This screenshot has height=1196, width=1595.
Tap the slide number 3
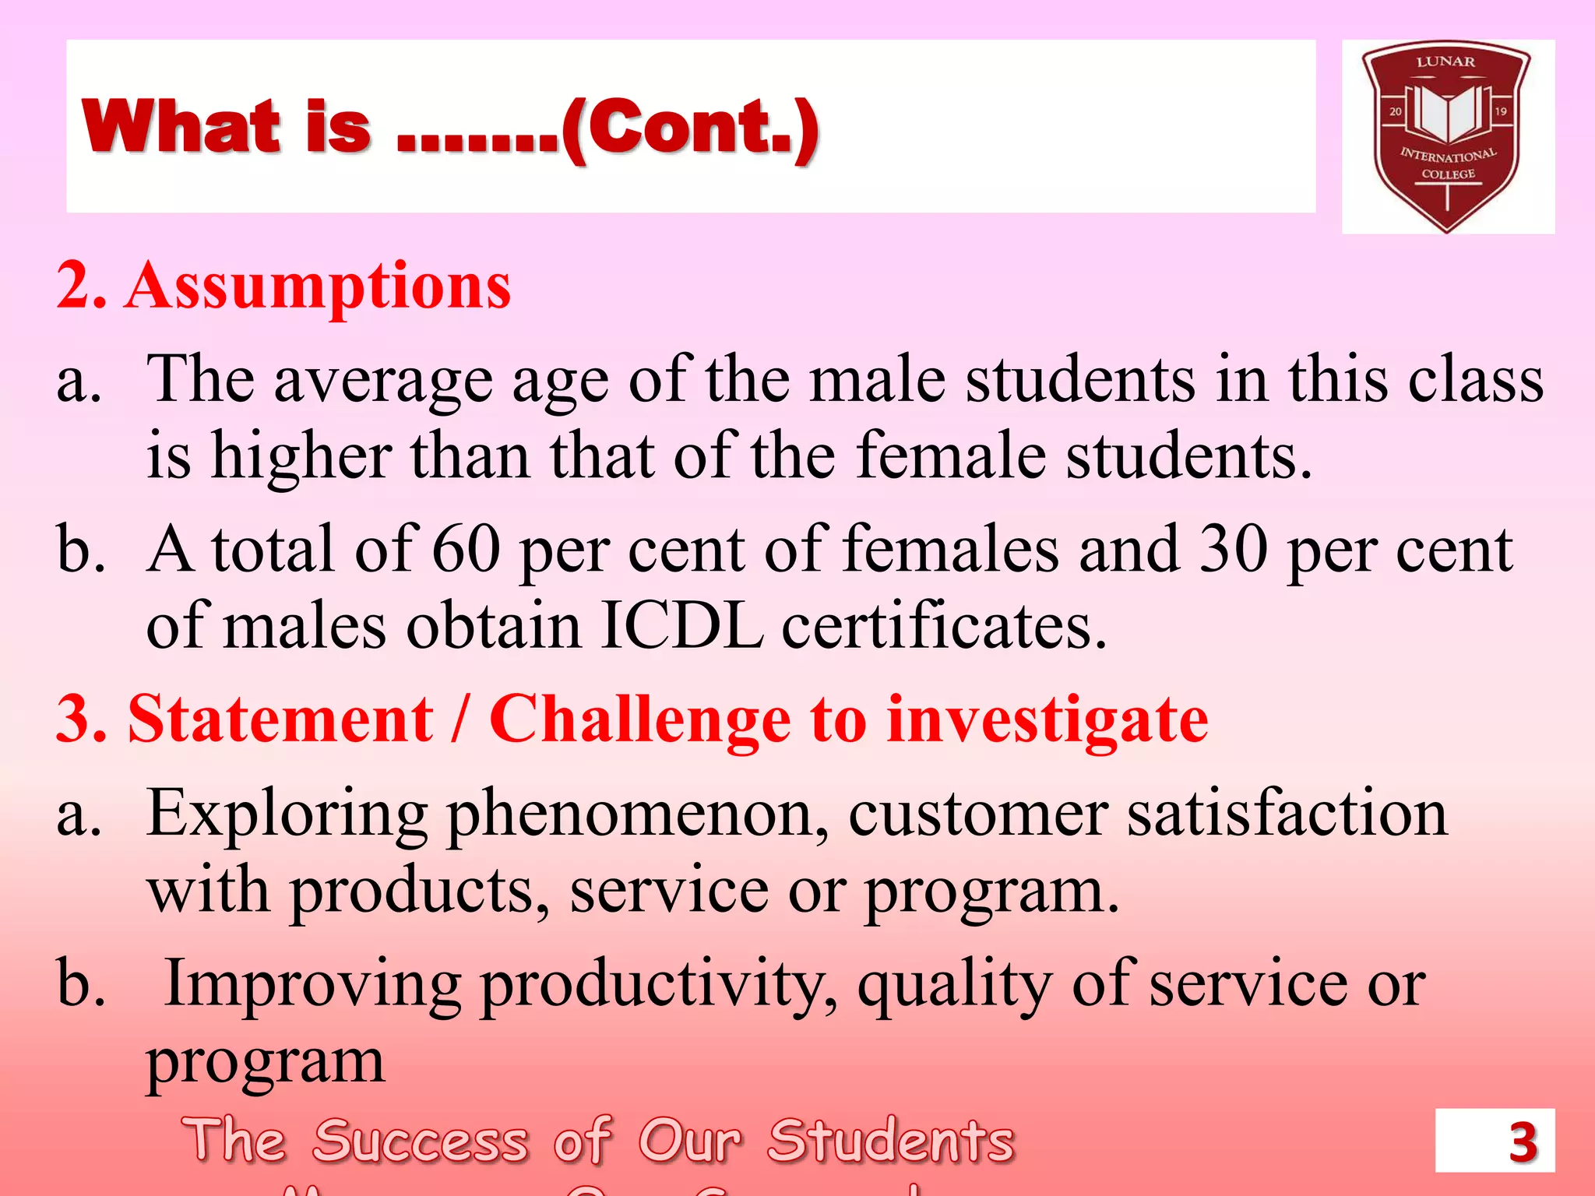click(x=1523, y=1142)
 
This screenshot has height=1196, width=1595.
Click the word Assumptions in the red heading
click(x=318, y=287)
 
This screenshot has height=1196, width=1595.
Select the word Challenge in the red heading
click(x=639, y=719)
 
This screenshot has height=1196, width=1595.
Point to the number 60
click(x=466, y=549)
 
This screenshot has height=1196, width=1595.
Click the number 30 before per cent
click(x=1234, y=549)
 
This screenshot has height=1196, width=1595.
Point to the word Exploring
click(x=287, y=814)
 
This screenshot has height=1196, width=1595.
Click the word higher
click(x=301, y=456)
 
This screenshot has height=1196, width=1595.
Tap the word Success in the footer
click(x=421, y=1141)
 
